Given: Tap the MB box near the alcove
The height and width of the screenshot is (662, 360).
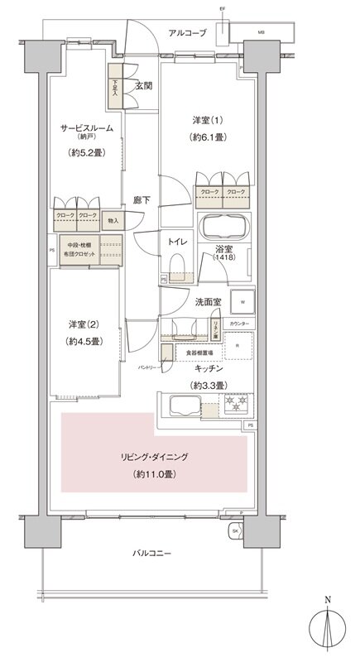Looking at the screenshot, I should click(x=262, y=32).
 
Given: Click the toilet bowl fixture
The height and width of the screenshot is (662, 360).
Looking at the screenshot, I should click(x=175, y=263).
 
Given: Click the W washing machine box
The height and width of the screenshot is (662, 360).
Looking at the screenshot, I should click(x=242, y=302).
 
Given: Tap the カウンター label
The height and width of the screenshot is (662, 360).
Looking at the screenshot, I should click(x=241, y=322).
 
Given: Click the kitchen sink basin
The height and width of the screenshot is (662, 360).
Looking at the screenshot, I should click(x=183, y=405).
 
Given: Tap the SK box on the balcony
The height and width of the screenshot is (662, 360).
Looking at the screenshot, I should click(x=235, y=530).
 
